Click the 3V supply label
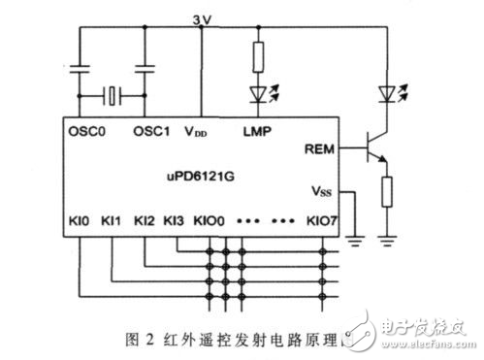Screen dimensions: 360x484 pyautogui.click(x=201, y=16)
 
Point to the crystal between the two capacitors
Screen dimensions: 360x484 pyautogui.click(x=113, y=95)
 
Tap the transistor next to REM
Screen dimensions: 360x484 pyautogui.click(x=370, y=151)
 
